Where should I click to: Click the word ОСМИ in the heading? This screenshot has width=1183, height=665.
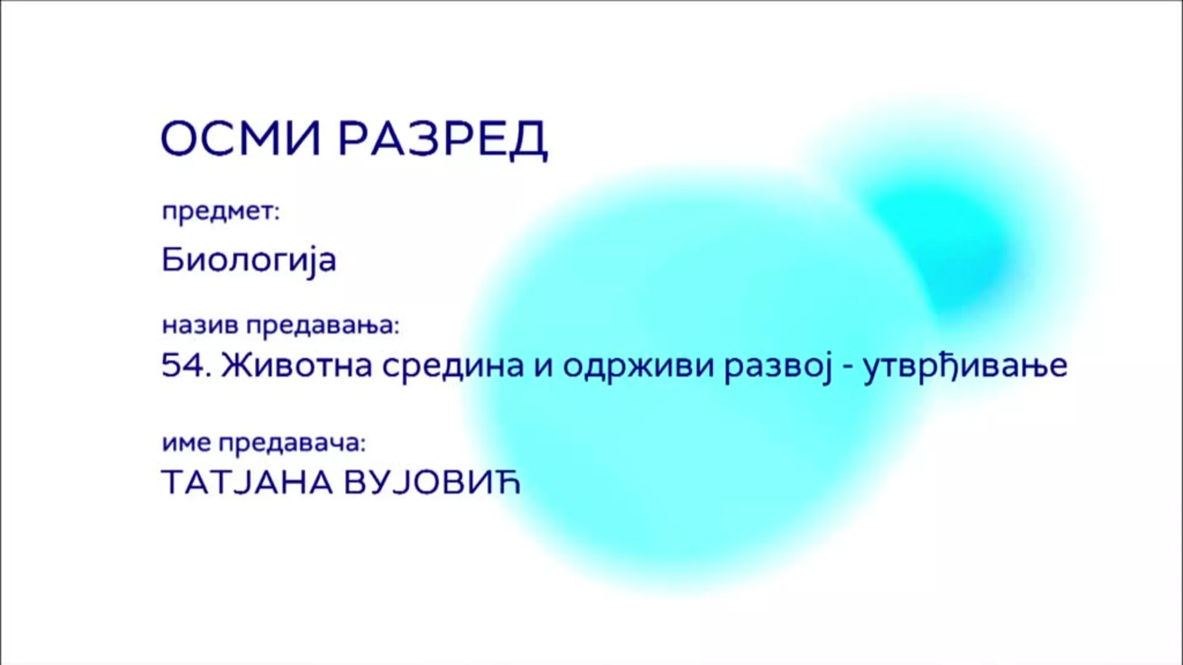[x=241, y=138]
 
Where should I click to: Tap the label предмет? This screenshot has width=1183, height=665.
[x=221, y=212]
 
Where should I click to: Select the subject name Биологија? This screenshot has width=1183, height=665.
[x=249, y=260]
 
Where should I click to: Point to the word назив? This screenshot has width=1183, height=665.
[x=200, y=325]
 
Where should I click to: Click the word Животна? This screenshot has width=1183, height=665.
[x=296, y=366]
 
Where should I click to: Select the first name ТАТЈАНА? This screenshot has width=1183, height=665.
[x=247, y=482]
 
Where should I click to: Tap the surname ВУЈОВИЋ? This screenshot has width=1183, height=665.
[x=432, y=482]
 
